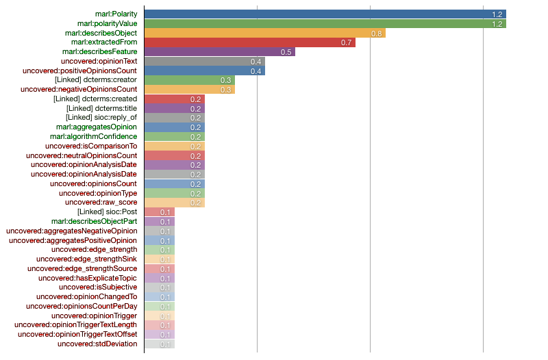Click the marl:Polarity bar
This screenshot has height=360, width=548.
tap(325, 14)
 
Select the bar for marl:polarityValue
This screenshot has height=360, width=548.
tap(325, 23)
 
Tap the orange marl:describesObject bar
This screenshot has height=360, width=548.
tap(264, 33)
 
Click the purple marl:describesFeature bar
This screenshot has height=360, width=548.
tap(219, 52)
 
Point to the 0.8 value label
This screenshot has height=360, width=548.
tap(376, 33)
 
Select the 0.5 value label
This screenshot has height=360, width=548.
tap(286, 52)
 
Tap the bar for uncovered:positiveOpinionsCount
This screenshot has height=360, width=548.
tap(204, 70)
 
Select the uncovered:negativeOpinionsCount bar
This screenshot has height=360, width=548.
tap(189, 90)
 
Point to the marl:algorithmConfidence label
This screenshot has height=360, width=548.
tap(93, 136)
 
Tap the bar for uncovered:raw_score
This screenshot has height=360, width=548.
tap(174, 203)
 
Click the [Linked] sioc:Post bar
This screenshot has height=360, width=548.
tap(159, 212)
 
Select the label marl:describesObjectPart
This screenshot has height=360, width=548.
tap(94, 221)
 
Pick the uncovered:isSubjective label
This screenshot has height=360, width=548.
tap(98, 287)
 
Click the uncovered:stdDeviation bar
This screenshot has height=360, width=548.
tap(159, 344)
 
